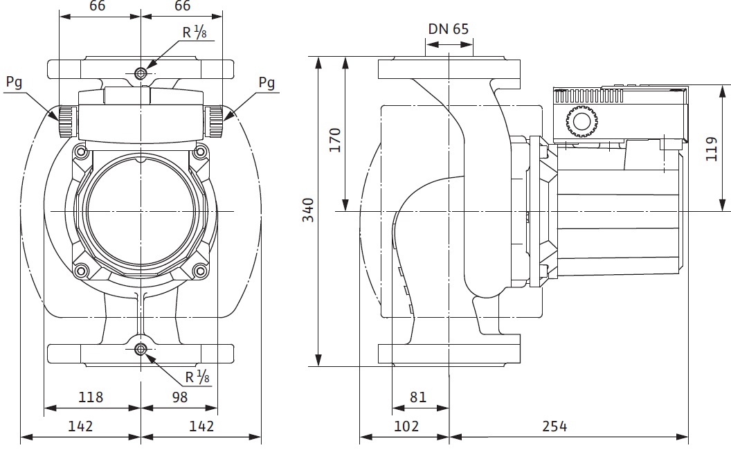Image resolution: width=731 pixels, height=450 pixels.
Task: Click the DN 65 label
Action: pyautogui.click(x=448, y=29)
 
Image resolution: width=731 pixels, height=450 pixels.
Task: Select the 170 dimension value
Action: pyautogui.click(x=335, y=141)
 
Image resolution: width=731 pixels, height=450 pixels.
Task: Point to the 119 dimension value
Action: pyautogui.click(x=712, y=148)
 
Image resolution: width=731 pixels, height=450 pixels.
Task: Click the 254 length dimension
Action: pyautogui.click(x=554, y=426)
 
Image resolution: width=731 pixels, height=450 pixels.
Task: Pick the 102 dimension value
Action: pyautogui.click(x=406, y=426)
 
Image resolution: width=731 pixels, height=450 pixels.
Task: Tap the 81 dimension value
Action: pyautogui.click(x=418, y=397)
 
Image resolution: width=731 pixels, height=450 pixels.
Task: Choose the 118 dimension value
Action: pyautogui.click(x=90, y=397)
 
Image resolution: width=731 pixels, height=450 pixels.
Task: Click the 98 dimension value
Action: pyautogui.click(x=178, y=397)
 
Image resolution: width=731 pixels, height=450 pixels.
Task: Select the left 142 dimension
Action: pyautogui.click(x=80, y=426)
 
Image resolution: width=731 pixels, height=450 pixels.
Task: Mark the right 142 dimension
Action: pyautogui.click(x=201, y=426)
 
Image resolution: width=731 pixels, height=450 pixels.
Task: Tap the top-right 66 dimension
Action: pyautogui.click(x=182, y=6)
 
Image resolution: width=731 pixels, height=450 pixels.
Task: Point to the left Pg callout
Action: pyautogui.click(x=14, y=82)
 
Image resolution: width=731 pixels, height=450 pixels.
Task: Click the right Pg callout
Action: pyautogui.click(x=267, y=82)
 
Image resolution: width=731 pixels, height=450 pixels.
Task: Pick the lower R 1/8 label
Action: pyautogui.click(x=198, y=377)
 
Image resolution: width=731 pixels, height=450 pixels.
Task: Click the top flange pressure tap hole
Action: pyautogui.click(x=141, y=73)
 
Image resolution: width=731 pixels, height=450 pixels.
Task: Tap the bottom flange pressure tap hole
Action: pyautogui.click(x=141, y=350)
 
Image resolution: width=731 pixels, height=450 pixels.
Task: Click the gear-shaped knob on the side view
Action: pyautogui.click(x=580, y=123)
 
